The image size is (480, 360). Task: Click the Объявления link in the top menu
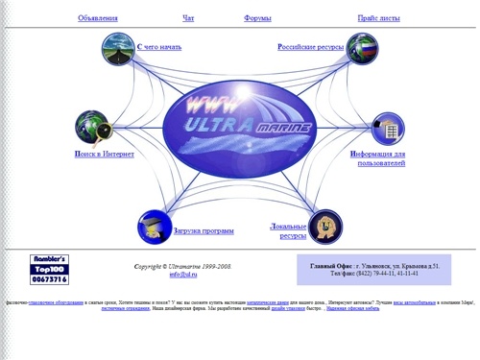[x=98, y=18]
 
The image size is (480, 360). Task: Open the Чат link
[x=188, y=18]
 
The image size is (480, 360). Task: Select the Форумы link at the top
[x=257, y=18]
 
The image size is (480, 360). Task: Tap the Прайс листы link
[x=377, y=18]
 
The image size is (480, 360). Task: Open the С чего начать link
[x=159, y=46]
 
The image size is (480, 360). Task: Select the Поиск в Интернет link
[x=104, y=154]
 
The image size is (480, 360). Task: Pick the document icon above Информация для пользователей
[x=388, y=127]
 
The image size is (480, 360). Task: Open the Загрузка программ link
[x=204, y=230]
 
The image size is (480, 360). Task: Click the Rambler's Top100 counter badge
[x=50, y=269]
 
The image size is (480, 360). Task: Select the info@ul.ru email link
[x=182, y=275]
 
